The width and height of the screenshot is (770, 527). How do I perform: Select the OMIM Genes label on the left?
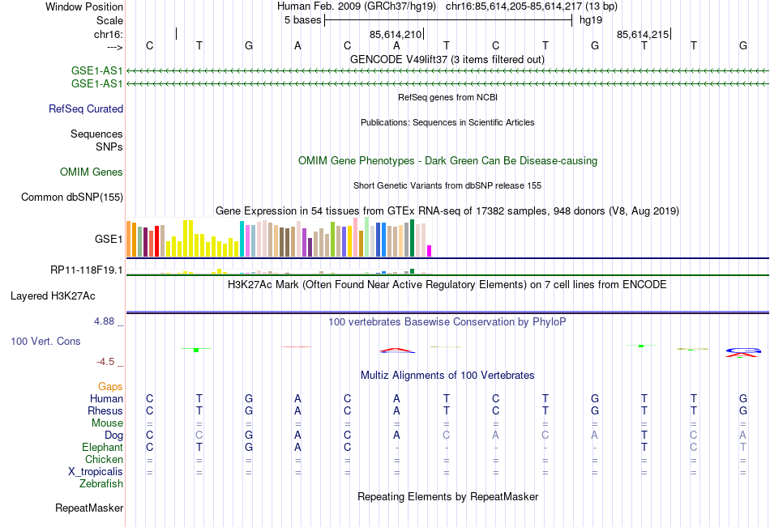[92, 172]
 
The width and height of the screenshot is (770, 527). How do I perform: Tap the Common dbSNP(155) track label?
[72, 197]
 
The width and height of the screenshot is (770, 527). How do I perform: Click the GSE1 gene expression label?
[109, 240]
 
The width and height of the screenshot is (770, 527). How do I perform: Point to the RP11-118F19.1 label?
[87, 270]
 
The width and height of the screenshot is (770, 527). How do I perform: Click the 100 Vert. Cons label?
[45, 342]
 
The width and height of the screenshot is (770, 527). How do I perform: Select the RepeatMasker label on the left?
[89, 508]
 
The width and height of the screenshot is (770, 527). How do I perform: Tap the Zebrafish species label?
[101, 484]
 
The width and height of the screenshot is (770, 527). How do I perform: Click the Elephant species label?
[102, 447]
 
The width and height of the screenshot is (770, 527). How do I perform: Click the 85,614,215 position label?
[643, 34]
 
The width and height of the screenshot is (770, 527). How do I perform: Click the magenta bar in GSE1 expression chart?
[430, 251]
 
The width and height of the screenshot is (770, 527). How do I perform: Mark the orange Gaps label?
[110, 386]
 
